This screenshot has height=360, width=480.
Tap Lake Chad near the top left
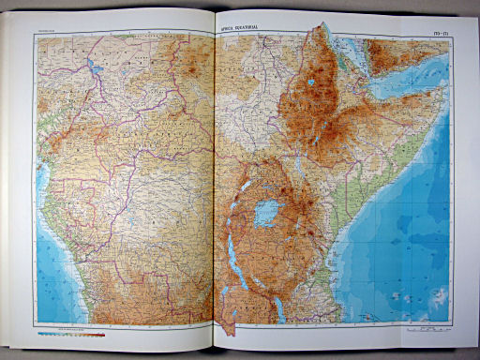(96, 67)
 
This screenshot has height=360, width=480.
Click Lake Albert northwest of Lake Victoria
(245, 184)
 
